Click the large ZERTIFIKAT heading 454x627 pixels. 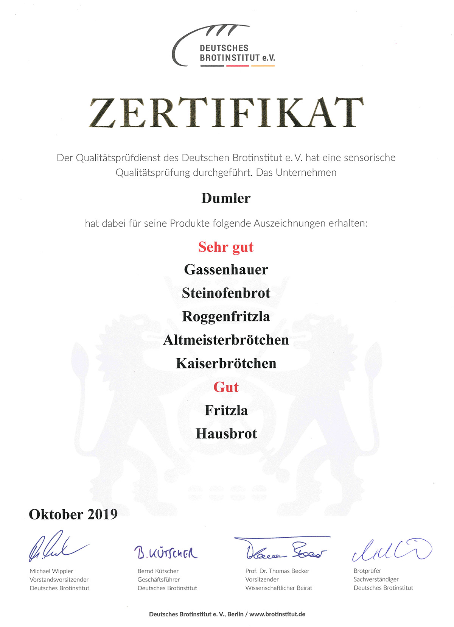[226, 113]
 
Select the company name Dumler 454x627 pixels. [226, 198]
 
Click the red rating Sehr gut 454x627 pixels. [226, 247]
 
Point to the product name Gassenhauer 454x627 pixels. [226, 270]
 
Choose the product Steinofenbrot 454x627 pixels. [226, 293]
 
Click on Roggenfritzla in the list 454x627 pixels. [226, 317]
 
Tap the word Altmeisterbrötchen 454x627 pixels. [226, 340]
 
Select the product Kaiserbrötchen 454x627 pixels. [226, 363]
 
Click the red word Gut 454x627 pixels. [226, 387]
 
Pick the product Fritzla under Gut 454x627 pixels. [226, 410]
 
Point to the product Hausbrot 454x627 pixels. [226, 434]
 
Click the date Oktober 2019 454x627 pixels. [73, 514]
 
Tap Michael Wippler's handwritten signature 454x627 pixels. [57, 547]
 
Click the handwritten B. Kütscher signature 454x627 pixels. [166, 553]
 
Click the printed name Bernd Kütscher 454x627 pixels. [158, 571]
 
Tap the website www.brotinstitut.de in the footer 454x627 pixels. [277, 614]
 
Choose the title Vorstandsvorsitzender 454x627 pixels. [59, 579]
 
